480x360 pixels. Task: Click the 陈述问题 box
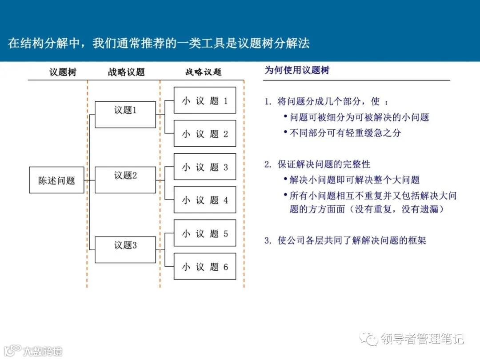pos(56,180)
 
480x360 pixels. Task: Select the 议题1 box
pos(125,115)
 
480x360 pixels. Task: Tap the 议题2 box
pos(125,180)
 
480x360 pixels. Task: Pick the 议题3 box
pos(125,250)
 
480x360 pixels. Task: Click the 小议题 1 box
pos(204,100)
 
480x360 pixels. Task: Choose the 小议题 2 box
pos(204,134)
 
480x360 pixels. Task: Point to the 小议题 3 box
pos(204,167)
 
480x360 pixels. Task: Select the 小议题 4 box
pos(204,200)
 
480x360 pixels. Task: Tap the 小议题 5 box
pos(204,233)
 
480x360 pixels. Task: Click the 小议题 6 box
pos(204,267)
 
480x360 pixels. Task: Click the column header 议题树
pos(63,72)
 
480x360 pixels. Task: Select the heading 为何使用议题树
pos(297,70)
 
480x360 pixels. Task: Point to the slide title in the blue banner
pos(159,43)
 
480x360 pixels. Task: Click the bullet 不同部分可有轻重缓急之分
pos(345,133)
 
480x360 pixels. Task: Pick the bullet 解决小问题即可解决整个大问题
pos(354,180)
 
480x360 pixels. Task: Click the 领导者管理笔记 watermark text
pos(422,339)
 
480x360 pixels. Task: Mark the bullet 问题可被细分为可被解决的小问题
pos(359,117)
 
